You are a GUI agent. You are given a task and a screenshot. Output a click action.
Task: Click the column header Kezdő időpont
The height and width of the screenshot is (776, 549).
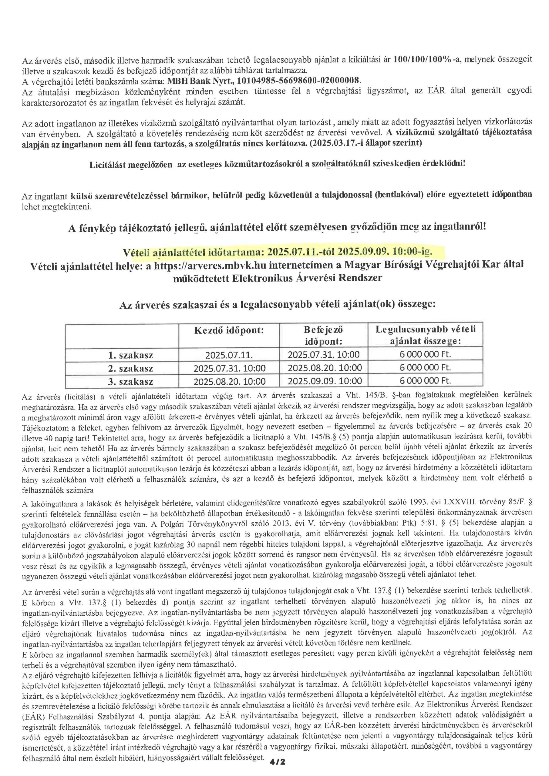(229, 330)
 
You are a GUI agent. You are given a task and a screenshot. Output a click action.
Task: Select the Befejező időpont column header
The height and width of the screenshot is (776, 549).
(323, 335)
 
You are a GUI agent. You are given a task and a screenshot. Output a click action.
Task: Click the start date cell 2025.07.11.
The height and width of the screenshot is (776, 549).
(229, 355)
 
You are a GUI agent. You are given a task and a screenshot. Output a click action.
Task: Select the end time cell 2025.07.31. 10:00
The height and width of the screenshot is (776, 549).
(323, 355)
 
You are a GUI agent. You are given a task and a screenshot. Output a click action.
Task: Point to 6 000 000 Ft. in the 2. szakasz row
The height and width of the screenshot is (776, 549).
(425, 368)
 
